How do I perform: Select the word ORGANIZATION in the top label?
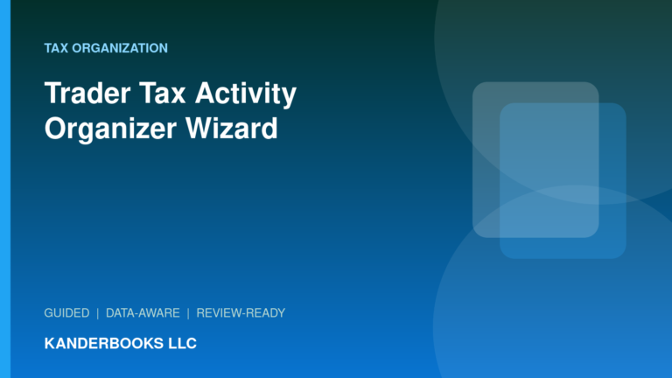(x=120, y=48)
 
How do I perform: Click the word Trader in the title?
(x=87, y=93)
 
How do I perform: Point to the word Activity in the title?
(x=246, y=94)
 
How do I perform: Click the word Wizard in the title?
(x=231, y=128)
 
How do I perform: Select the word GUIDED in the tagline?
(x=66, y=313)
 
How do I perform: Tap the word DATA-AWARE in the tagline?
(x=143, y=313)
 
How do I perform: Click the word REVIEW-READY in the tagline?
(x=241, y=313)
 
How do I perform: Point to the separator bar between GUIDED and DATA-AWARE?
(x=98, y=314)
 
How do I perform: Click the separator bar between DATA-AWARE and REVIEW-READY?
(x=188, y=314)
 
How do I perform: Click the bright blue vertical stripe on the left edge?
(x=5, y=189)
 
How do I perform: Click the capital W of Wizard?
(x=200, y=129)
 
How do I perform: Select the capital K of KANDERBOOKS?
(x=50, y=343)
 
